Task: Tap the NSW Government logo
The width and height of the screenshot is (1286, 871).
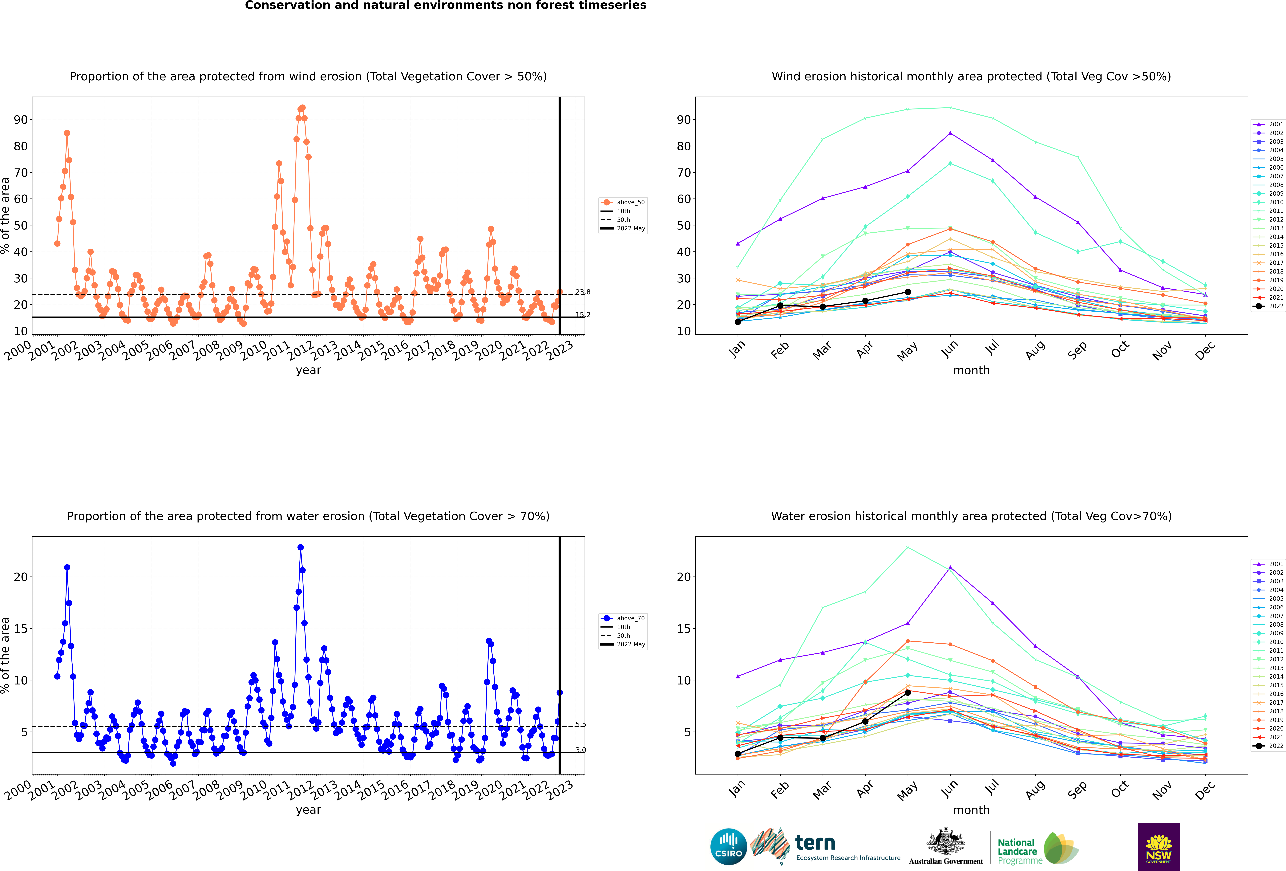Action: [1159, 846]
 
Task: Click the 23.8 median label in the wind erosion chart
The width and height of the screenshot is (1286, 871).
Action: [583, 292]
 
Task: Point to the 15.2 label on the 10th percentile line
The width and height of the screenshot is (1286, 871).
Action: [583, 315]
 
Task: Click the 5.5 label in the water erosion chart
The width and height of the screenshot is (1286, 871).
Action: [580, 724]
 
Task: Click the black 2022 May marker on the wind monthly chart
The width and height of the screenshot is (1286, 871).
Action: [908, 292]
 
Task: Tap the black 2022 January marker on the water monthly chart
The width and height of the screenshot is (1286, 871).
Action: [738, 754]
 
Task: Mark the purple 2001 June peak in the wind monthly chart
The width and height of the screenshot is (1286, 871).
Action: [950, 133]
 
